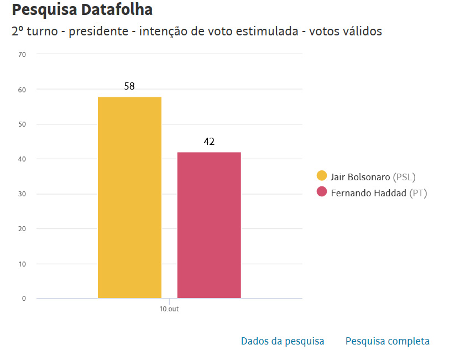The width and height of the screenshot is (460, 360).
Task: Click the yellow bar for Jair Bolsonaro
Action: click(x=129, y=197)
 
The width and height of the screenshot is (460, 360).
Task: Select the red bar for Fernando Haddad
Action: click(x=209, y=225)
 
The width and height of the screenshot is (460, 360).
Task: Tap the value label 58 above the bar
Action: click(x=129, y=86)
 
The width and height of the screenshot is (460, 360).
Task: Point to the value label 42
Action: click(x=209, y=142)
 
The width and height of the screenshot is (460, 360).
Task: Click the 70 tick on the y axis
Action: click(x=22, y=54)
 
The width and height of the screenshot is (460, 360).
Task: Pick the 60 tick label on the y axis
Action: click(x=22, y=89)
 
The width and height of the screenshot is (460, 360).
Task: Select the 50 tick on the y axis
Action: click(x=22, y=124)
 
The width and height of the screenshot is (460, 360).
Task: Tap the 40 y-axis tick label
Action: click(x=22, y=159)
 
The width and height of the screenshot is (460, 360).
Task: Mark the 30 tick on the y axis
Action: click(x=22, y=194)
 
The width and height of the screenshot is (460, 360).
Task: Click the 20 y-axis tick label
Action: click(x=22, y=229)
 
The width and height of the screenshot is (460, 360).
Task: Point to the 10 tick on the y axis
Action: click(x=22, y=264)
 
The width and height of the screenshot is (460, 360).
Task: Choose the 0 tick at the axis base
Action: click(x=24, y=299)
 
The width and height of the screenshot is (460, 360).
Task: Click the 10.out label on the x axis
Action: click(x=169, y=309)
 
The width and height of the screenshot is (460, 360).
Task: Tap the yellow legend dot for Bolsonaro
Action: click(x=321, y=176)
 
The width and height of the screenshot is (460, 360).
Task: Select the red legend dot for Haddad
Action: click(x=321, y=192)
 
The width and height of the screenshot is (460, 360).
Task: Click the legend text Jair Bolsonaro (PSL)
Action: click(x=373, y=177)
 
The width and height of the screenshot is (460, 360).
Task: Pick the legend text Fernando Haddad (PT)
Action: click(x=379, y=193)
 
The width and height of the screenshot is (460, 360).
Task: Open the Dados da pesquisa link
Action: click(x=283, y=341)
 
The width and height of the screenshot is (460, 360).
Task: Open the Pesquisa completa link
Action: click(x=387, y=341)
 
